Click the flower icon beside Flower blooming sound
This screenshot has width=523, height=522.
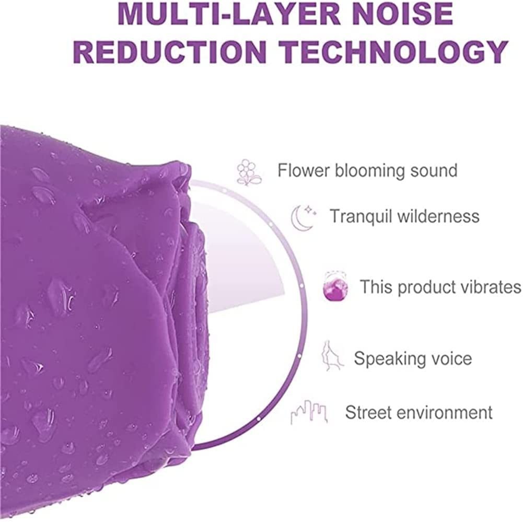[x=249, y=172]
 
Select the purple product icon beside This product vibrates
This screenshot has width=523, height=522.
[x=335, y=286]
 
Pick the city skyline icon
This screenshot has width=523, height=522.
[x=309, y=412]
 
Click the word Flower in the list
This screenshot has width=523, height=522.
[x=304, y=170]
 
